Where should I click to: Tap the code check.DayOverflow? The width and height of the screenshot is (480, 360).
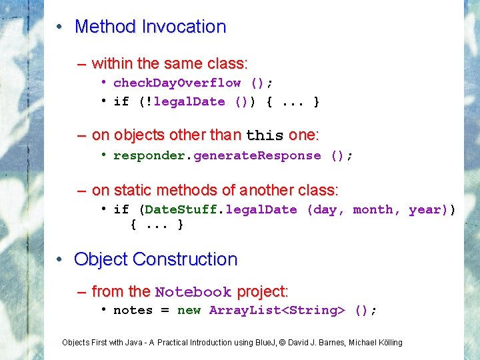(x=177, y=83)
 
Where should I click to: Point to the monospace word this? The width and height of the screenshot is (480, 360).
(x=265, y=135)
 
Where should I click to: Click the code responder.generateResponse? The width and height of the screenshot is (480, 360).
(x=217, y=155)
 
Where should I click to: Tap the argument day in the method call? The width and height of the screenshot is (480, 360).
(x=325, y=209)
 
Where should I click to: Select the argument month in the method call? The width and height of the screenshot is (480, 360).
(x=374, y=209)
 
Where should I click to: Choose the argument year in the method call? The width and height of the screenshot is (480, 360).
(x=425, y=209)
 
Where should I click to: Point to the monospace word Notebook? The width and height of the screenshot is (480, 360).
(x=193, y=292)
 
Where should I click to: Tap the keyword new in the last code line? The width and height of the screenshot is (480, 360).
(x=189, y=310)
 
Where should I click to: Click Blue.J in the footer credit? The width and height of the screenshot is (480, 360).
(x=265, y=343)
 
